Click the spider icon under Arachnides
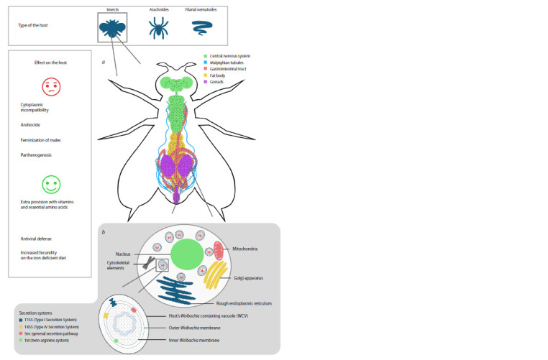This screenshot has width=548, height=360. (x=157, y=27)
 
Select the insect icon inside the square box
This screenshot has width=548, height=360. (x=112, y=27)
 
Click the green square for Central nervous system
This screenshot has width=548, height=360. (x=206, y=56)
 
